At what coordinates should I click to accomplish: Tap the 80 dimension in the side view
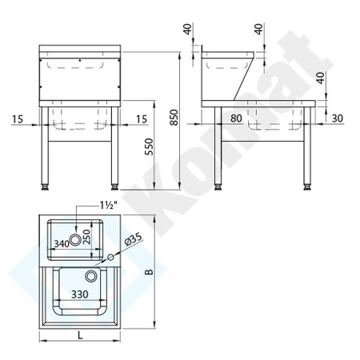pos(235,118)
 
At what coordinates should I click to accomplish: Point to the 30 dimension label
pos(338,118)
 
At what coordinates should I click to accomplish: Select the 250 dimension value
pos(88,233)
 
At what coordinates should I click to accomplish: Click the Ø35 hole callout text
pos(133,238)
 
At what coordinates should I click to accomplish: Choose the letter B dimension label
pos(147,273)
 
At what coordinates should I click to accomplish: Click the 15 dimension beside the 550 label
pos(141,118)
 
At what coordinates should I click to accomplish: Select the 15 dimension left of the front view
pos(18,118)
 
